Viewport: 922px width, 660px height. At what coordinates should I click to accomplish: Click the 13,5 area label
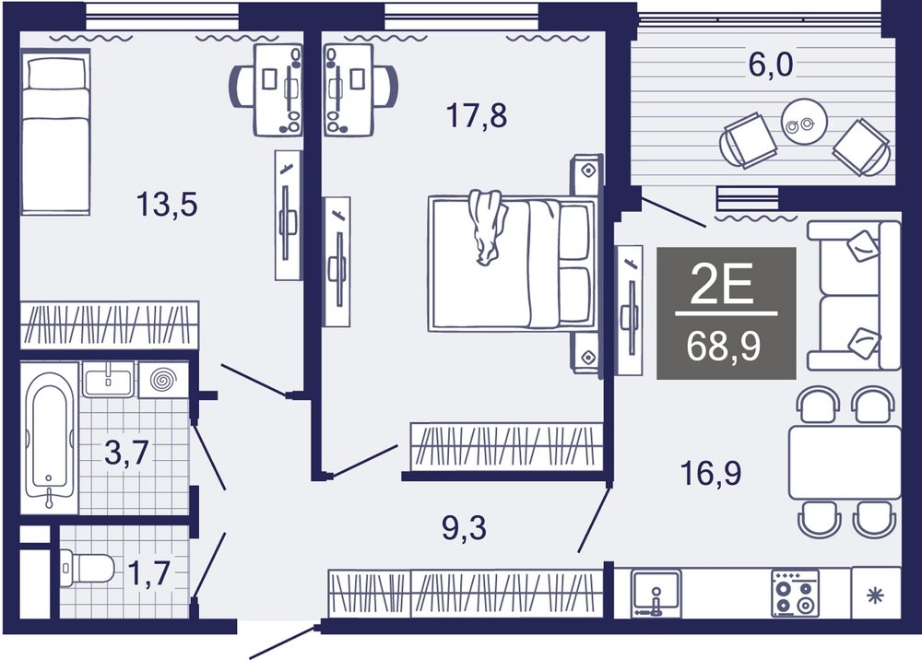[167, 206]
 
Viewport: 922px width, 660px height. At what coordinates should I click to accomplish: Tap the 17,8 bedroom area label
[477, 115]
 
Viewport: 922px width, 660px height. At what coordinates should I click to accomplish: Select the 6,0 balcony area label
[770, 65]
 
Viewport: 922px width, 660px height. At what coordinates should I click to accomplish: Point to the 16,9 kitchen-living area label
[710, 473]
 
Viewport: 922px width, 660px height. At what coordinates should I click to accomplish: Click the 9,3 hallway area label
[464, 528]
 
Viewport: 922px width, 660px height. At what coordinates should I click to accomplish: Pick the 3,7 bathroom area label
[126, 453]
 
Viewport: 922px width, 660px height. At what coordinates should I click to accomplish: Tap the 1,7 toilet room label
[149, 573]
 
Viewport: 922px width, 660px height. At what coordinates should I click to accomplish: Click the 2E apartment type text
[722, 284]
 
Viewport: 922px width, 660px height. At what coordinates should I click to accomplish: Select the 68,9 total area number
[723, 347]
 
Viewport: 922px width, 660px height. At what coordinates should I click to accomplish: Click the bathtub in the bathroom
[50, 437]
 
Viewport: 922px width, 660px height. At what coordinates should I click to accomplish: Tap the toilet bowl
[87, 569]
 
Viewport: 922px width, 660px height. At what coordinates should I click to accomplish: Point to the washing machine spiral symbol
[163, 381]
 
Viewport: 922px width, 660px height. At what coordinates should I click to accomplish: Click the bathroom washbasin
[108, 380]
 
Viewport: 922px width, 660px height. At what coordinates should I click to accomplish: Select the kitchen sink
[656, 593]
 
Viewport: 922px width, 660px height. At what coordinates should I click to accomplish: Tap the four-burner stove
[795, 593]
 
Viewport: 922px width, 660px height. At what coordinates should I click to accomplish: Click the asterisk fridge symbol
[876, 596]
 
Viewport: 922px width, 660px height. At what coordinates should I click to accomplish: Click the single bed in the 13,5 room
[56, 132]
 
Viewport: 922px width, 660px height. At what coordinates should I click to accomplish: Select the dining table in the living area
[845, 463]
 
